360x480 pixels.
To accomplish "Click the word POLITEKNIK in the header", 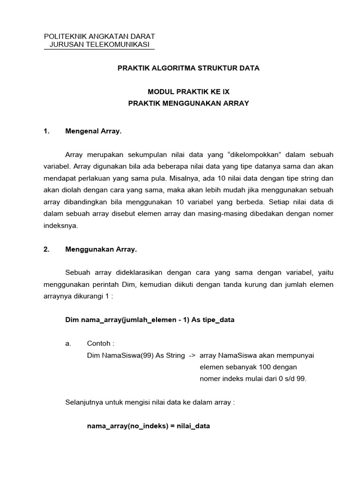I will [x=62, y=37].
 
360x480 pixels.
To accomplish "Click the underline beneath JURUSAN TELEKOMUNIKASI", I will [x=98, y=49].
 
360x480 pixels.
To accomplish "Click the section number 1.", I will [x=46, y=132].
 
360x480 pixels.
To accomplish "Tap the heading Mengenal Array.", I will [x=93, y=132].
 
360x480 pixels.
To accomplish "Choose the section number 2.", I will [x=46, y=249].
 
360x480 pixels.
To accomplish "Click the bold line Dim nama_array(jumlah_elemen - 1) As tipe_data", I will [x=149, y=320].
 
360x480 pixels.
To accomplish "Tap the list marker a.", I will [x=68, y=344].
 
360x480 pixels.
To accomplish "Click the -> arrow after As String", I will [x=192, y=355].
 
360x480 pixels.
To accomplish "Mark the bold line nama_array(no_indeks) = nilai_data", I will [x=149, y=426].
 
